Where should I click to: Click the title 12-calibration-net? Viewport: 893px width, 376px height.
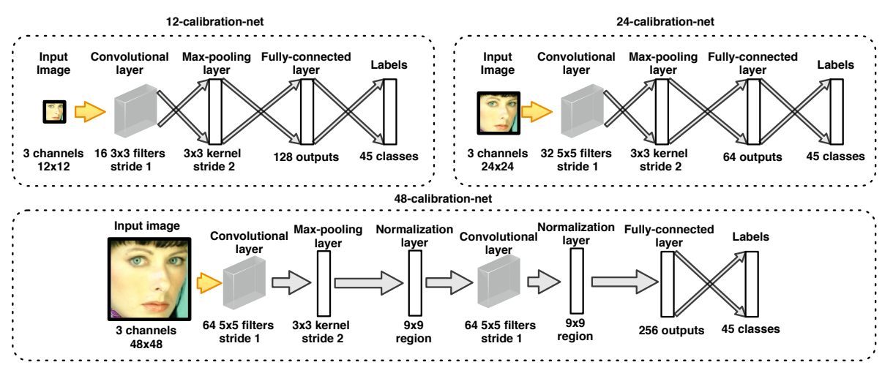pos(214,21)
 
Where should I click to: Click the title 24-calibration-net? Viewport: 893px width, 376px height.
pos(666,21)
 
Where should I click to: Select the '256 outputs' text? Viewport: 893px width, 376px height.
pos(670,330)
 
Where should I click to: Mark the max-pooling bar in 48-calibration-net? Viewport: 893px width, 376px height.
pos(324,283)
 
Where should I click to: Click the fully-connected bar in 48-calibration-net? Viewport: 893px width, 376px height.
pos(667,282)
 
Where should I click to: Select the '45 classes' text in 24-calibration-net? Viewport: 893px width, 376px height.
pos(835,156)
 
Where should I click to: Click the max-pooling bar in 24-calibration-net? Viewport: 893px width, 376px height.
pos(662,112)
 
